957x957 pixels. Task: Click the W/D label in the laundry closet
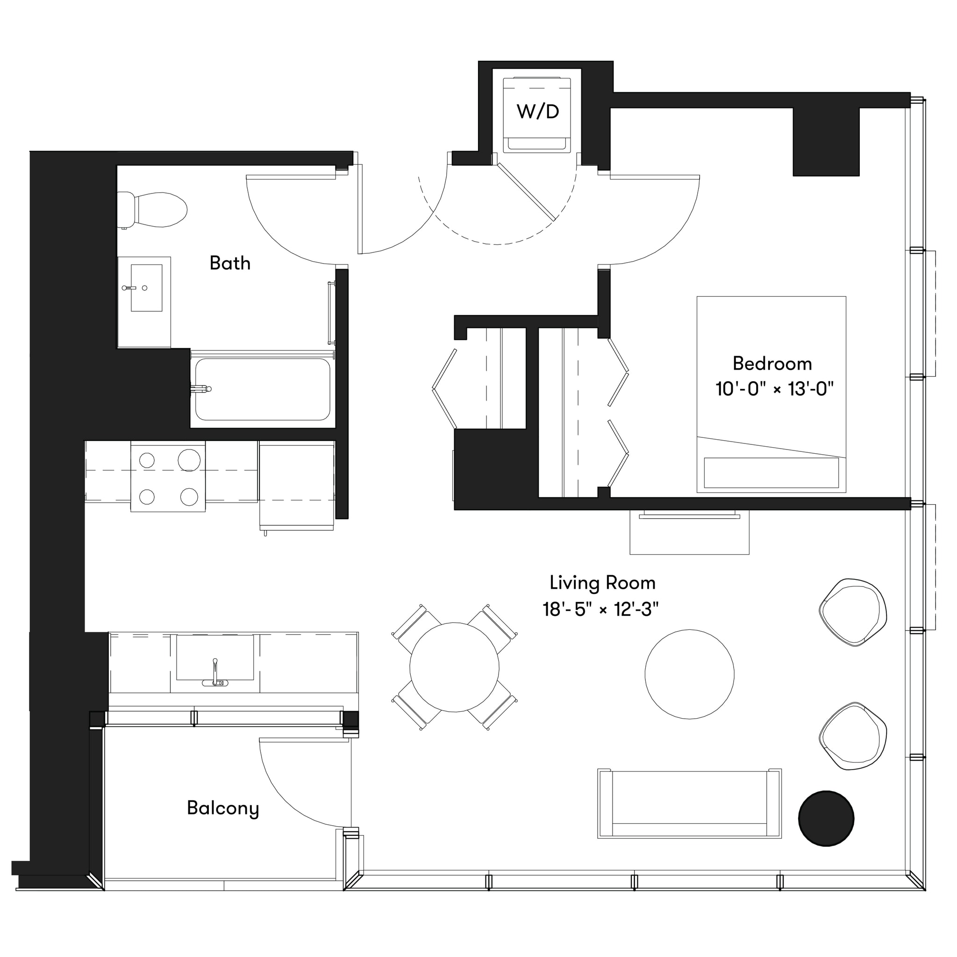point(537,112)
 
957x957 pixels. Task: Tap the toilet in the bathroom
point(158,209)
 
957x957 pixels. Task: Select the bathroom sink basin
point(147,288)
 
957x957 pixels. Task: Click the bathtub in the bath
point(263,389)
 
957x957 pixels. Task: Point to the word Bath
point(230,263)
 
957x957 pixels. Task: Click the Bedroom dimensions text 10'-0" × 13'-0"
point(774,389)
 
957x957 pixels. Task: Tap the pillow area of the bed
point(771,472)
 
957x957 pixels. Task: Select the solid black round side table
point(826,818)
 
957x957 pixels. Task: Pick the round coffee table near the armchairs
point(689,674)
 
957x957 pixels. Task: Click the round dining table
point(454,667)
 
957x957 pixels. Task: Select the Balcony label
point(223,808)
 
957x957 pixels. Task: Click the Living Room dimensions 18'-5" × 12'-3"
point(600,609)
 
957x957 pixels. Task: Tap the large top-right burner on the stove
point(189,460)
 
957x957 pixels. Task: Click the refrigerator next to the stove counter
point(296,486)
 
